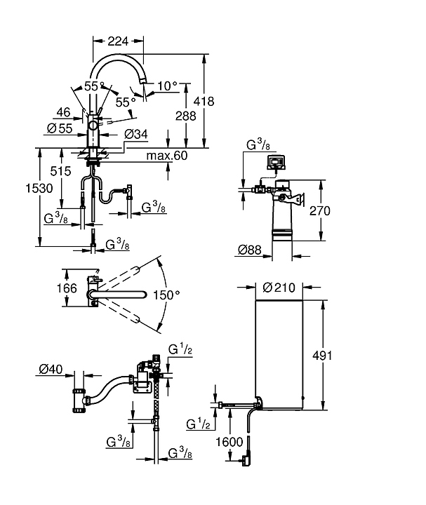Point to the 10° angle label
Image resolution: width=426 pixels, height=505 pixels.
point(167,86)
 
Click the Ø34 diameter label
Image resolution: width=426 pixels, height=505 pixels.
point(135,133)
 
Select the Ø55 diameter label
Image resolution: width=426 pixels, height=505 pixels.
point(58,128)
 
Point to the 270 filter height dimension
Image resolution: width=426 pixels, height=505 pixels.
point(340,210)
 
